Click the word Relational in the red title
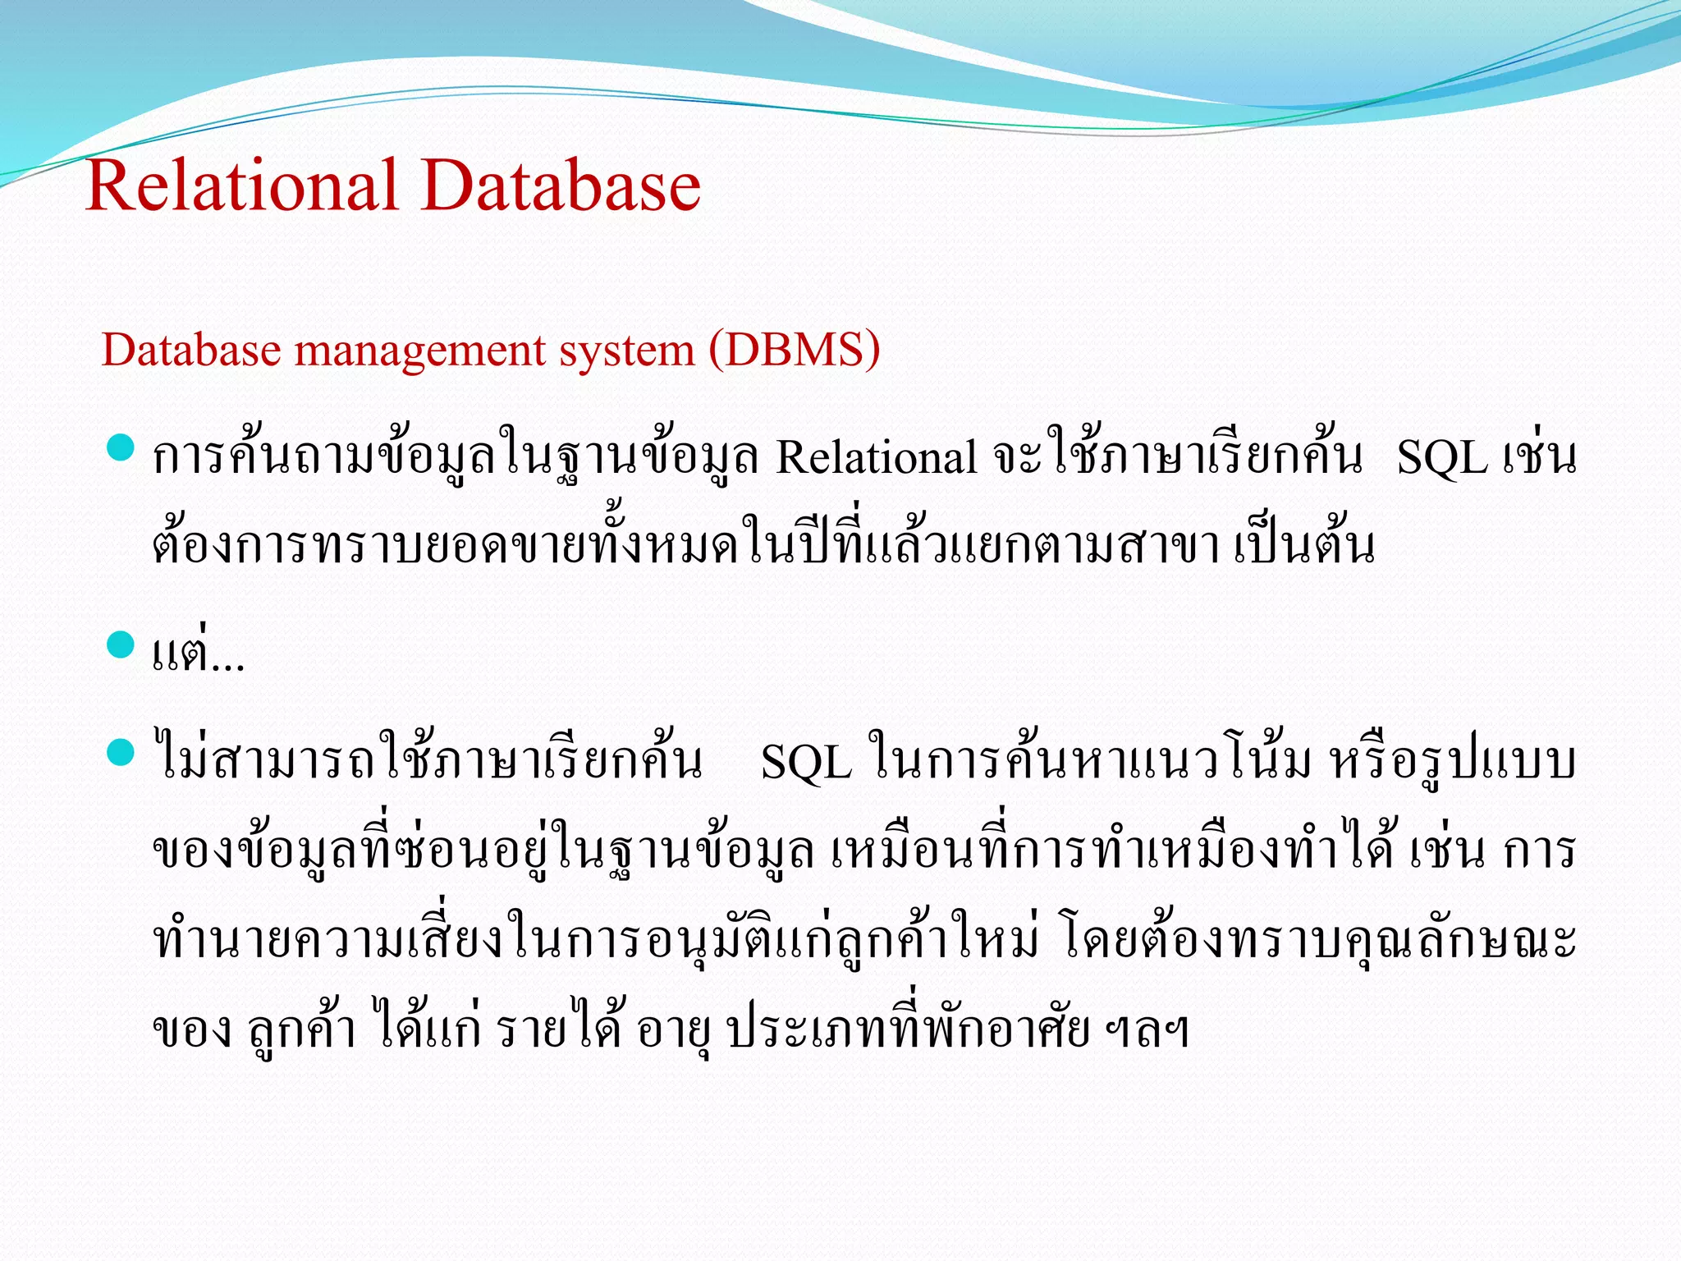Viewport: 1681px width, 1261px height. [x=241, y=186]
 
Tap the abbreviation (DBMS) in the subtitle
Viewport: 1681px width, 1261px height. [x=795, y=350]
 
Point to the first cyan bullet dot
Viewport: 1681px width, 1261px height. [x=121, y=449]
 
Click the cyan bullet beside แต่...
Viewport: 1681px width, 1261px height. [x=121, y=644]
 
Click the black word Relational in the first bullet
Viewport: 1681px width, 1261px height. [x=876, y=457]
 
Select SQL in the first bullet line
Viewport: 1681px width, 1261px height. [x=1442, y=457]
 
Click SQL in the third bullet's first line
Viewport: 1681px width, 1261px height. [x=806, y=763]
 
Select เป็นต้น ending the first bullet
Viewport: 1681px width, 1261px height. [x=1304, y=546]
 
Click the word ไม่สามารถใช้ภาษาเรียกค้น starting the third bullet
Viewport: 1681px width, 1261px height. [x=428, y=759]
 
